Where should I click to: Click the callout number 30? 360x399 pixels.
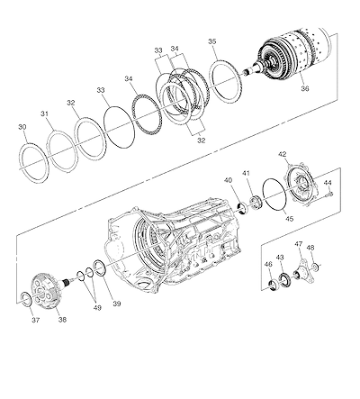[22, 127]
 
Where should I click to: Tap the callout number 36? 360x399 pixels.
[305, 88]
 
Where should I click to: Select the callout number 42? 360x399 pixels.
[283, 154]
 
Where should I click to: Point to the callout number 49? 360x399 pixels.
[97, 308]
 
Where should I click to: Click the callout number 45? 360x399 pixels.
[289, 219]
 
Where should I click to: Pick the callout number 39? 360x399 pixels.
[117, 304]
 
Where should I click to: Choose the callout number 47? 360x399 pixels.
[299, 244]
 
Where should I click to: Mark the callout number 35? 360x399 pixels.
[212, 41]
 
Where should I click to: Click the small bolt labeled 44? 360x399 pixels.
[330, 195]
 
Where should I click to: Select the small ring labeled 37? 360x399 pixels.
[25, 299]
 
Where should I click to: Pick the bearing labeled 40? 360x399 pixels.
[242, 208]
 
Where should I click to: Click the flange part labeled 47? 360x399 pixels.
[304, 271]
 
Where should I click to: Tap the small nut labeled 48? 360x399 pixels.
[315, 267]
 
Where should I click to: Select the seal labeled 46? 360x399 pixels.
[273, 285]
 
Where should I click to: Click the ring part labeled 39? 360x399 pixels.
[100, 267]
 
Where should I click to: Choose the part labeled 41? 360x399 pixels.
[256, 202]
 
